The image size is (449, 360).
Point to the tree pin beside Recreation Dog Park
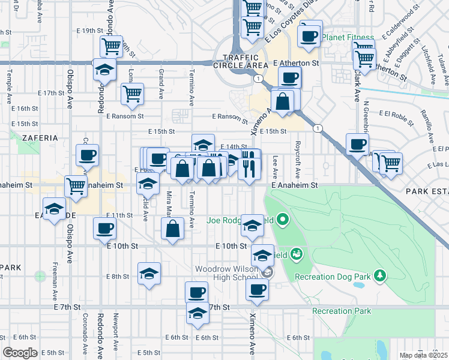click(379, 275)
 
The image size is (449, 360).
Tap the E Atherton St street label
click(295, 62)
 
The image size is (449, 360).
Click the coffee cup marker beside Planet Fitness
click(309, 35)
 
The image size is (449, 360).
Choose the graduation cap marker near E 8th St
click(149, 274)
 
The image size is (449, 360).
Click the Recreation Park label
click(341, 311)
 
